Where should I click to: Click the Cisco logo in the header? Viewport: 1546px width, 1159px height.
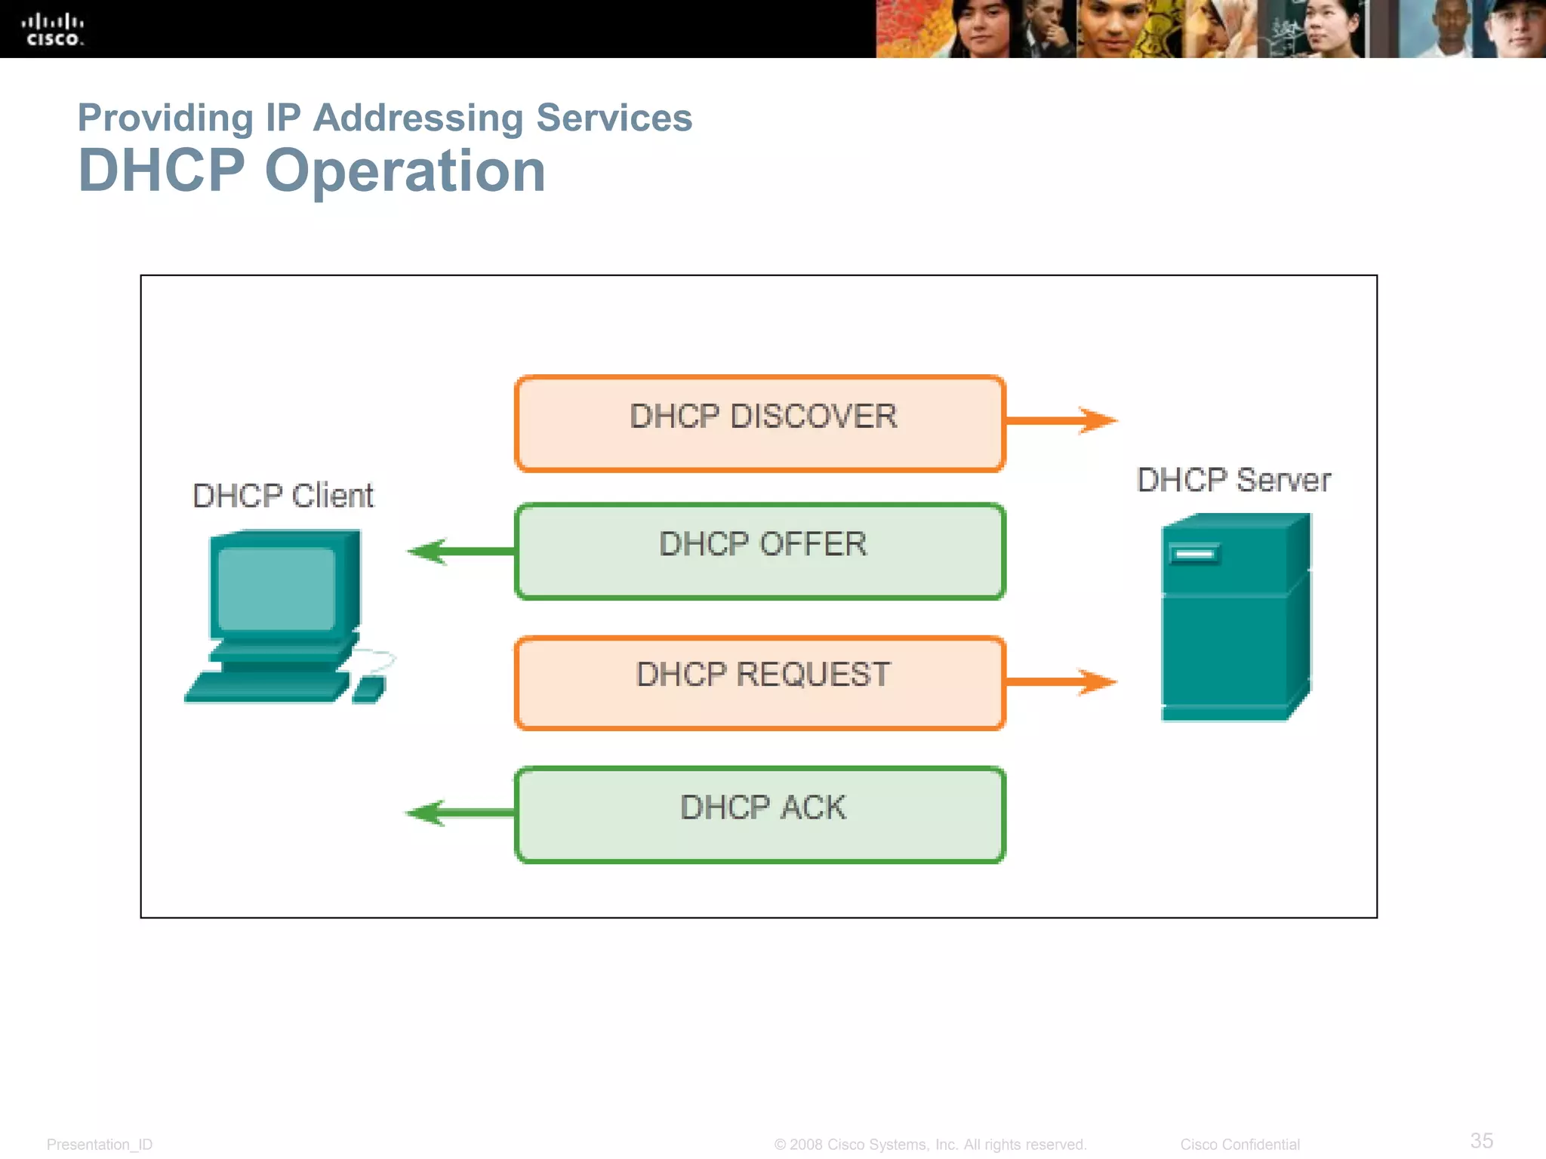coord(52,29)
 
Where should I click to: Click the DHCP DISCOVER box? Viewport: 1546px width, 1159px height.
coord(760,423)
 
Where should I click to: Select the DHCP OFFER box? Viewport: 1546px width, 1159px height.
coord(760,552)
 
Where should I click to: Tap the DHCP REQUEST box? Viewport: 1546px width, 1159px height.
coord(760,683)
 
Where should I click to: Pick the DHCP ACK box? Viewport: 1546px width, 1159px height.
coord(760,814)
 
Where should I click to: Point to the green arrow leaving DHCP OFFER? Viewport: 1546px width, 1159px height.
coord(460,552)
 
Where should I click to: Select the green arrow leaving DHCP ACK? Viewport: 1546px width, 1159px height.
coord(460,813)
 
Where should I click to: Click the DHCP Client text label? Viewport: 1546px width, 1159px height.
coord(283,496)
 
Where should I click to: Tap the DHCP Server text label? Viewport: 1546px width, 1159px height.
coord(1233,481)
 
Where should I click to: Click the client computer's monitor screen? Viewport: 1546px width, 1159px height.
coord(276,589)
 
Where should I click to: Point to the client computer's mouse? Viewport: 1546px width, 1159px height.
coord(369,689)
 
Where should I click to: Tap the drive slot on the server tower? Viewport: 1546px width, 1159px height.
coord(1194,555)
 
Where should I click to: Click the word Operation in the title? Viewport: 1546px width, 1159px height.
coord(405,171)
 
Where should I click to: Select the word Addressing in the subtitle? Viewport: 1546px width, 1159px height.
coord(418,118)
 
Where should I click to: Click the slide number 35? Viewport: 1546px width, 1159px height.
coord(1481,1140)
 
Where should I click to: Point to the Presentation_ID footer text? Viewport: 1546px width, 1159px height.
coord(100,1144)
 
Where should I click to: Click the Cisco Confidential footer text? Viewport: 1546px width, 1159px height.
coord(1240,1144)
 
